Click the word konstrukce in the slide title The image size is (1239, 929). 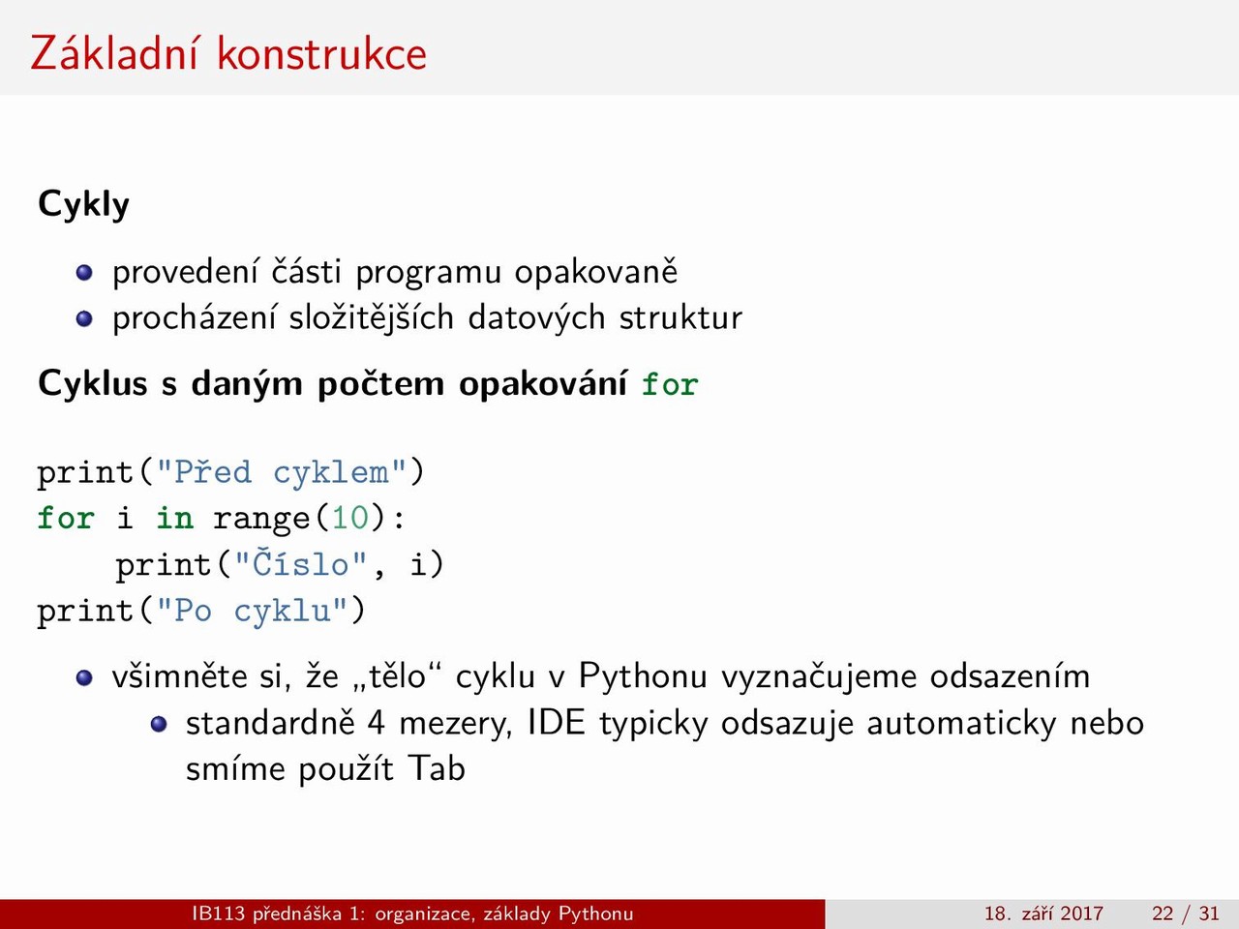(321, 53)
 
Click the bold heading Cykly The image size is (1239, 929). (83, 204)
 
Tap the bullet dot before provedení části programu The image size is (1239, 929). (84, 273)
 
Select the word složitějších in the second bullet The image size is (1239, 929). (372, 317)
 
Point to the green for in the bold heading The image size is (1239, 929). (670, 385)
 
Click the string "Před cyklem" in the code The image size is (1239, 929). (282, 472)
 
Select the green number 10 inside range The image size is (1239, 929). (350, 518)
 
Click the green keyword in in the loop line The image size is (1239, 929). (175, 518)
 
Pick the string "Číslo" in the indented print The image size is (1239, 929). (301, 563)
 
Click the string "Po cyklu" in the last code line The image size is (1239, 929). (253, 612)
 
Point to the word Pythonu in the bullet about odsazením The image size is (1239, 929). (643, 675)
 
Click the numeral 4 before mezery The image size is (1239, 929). (377, 723)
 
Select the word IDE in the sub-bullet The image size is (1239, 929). (557, 722)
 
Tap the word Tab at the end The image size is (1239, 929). (437, 768)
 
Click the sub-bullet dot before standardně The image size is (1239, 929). (159, 724)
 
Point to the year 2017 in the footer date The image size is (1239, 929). (1081, 914)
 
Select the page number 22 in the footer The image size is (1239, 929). (1163, 914)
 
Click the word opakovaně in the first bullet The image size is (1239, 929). (595, 272)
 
